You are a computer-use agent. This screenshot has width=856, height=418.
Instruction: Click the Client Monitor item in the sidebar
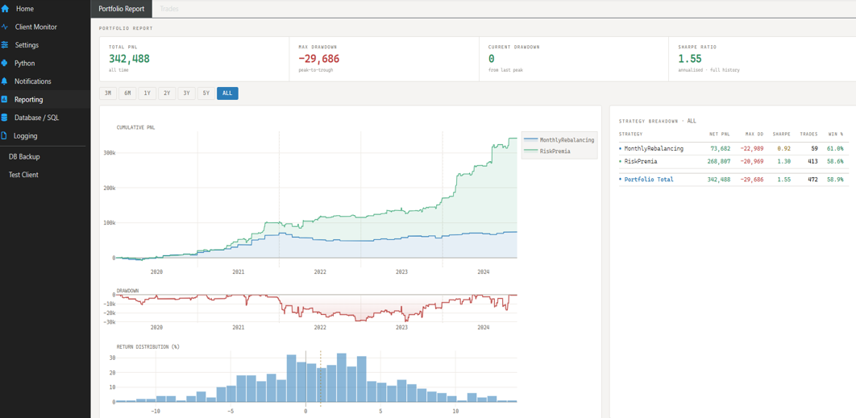(35, 27)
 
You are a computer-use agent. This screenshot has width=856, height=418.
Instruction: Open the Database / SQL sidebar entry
(36, 118)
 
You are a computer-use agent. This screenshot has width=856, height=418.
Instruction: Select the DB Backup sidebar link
(24, 156)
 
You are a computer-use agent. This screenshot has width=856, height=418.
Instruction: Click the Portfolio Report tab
(121, 9)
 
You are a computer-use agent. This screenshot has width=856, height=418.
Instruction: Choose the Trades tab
(169, 9)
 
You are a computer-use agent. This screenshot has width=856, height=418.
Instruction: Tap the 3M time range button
(108, 93)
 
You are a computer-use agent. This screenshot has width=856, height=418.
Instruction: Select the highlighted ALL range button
(227, 93)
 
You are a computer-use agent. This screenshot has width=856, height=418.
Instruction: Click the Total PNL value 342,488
(129, 59)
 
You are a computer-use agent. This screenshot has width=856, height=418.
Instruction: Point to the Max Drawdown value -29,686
(319, 59)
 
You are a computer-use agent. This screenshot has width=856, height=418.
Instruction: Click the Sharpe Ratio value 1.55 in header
(690, 59)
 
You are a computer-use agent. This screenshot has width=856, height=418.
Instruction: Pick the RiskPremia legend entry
(555, 151)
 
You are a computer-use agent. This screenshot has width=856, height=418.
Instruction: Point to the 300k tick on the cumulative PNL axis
(108, 152)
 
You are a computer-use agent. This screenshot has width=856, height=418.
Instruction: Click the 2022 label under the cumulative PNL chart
(320, 272)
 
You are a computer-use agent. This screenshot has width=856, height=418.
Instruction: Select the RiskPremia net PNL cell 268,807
(719, 161)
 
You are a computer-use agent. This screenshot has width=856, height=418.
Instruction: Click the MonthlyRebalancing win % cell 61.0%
(835, 148)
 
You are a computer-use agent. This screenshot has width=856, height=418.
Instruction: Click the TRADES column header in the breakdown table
(808, 134)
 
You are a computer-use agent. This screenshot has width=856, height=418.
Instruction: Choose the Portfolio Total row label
(648, 180)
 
